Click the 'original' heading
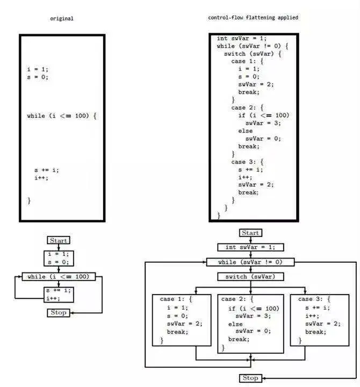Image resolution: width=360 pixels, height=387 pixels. pos(61,18)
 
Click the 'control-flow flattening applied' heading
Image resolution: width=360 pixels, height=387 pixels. pos(253,18)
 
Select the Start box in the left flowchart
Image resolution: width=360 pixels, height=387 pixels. pos(58,240)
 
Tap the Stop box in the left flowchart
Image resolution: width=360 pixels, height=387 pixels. pos(58,312)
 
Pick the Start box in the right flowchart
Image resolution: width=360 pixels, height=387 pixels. pos(250,233)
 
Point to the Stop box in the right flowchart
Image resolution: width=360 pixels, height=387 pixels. pos(250,378)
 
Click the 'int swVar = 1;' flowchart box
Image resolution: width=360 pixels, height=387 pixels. pos(250,247)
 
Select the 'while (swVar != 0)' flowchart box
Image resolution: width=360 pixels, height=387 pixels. pos(250,262)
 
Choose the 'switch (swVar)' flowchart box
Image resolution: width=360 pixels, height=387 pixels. pos(250,276)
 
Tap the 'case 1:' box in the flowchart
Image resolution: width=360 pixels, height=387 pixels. pos(182,319)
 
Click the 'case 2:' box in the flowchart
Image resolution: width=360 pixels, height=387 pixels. pos(250,323)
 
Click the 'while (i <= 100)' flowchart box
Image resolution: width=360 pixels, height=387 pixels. pos(58,276)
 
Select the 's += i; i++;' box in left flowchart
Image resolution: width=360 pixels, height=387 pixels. pos(58,294)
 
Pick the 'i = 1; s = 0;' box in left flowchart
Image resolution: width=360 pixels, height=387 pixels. pos(58,258)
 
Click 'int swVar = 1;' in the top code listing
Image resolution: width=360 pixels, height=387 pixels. pos(241,39)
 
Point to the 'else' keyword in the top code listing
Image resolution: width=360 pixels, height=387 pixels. pos(244,131)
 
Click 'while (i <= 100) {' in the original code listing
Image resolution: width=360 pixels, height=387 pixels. pos(61,116)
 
